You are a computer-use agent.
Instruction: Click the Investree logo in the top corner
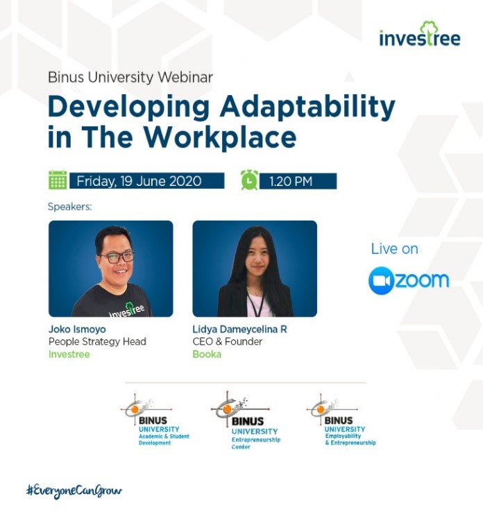point(419,34)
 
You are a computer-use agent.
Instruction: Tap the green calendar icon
point(58,180)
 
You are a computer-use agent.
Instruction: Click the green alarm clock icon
point(249,180)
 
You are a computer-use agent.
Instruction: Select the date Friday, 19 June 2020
point(139,181)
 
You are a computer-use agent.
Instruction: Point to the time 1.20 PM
point(291,182)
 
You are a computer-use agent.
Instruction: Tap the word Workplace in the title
point(221,138)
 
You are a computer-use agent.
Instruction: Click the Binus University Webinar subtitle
point(130,77)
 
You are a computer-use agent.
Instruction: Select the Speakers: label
point(69,207)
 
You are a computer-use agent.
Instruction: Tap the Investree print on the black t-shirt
point(126,310)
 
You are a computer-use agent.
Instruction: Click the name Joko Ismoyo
point(77,329)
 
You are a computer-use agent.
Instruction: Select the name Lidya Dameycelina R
point(240,329)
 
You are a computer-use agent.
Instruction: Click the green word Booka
point(207,355)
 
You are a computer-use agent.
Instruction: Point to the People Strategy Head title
point(97,342)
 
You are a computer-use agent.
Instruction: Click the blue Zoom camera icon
point(381,281)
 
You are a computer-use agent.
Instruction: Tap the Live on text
point(394,249)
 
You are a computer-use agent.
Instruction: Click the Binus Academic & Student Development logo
point(155,420)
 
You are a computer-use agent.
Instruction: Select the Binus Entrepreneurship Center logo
point(246,420)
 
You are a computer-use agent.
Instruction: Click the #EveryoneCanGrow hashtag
point(74,491)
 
